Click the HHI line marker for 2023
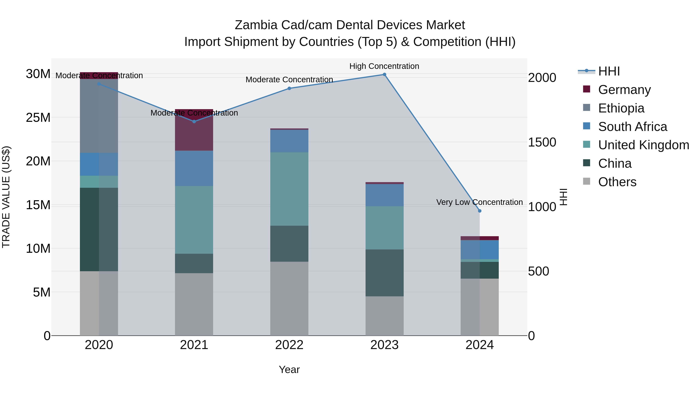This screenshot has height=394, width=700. tap(384, 75)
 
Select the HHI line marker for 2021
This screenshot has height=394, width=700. tap(194, 122)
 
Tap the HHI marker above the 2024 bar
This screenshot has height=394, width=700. tap(480, 211)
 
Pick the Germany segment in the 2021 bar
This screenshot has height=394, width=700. tap(194, 131)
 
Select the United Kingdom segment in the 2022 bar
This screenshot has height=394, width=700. tap(289, 189)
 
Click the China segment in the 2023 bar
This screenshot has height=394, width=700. tap(384, 273)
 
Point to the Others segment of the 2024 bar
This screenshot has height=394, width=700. tap(480, 307)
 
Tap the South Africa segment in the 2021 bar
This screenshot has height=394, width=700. tap(194, 168)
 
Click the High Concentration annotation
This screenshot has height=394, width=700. tap(384, 66)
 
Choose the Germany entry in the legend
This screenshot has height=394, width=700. tap(624, 90)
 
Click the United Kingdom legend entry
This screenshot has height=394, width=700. tap(643, 145)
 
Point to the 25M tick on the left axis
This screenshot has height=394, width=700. tap(38, 118)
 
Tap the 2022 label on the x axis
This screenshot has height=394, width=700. tap(289, 345)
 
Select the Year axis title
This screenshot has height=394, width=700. tap(289, 369)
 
